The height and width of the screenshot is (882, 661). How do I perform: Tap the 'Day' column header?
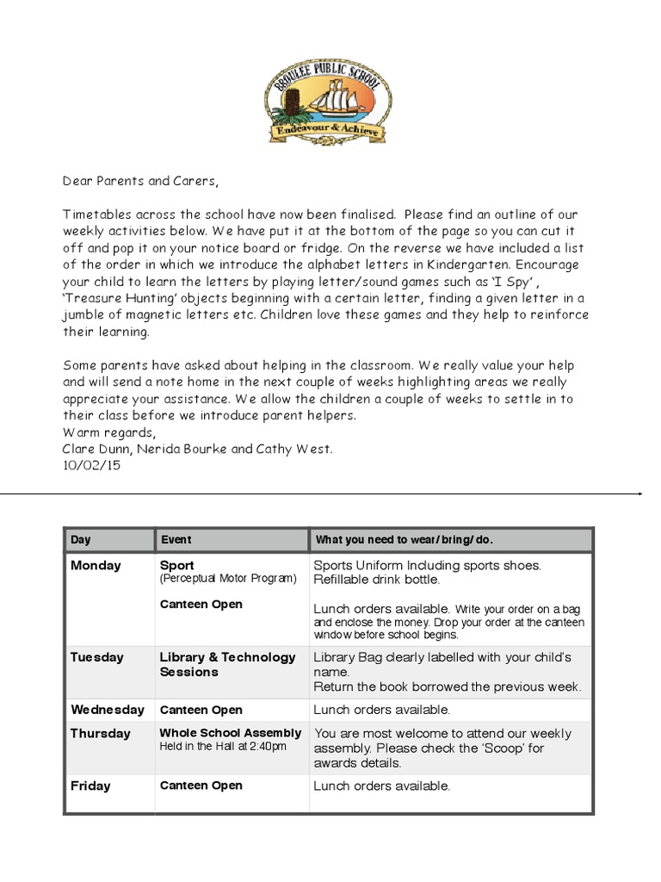(81, 540)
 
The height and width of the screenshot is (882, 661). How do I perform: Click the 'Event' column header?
(176, 540)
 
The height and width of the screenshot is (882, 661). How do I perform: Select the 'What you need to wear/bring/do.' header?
(404, 540)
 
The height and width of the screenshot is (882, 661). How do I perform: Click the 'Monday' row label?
(96, 566)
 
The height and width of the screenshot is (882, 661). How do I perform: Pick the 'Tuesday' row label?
(96, 657)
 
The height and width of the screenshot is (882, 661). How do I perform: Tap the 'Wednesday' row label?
(107, 710)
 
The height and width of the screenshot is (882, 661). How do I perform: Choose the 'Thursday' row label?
(100, 733)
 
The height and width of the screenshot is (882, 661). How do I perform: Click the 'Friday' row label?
(90, 786)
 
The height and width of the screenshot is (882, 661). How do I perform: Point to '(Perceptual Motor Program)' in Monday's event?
(227, 579)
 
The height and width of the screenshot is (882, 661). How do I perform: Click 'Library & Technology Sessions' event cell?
(227, 664)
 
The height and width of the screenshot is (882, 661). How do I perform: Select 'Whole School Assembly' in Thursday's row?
(230, 733)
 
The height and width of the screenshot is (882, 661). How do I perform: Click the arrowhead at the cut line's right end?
(639, 494)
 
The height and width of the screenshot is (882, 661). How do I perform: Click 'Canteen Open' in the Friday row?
(201, 786)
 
